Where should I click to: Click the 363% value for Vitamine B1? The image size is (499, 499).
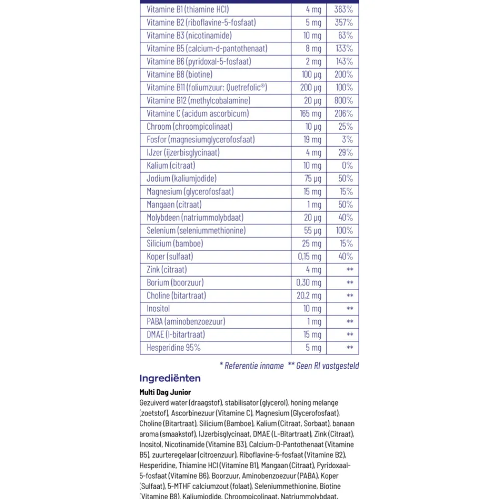(343, 9)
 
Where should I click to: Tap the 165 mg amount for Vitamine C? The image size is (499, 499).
(310, 113)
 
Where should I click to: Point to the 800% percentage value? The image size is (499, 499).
(343, 100)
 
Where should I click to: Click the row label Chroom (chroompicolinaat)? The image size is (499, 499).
(190, 126)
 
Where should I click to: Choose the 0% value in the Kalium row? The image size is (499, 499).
(347, 165)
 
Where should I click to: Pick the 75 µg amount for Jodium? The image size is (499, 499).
(313, 178)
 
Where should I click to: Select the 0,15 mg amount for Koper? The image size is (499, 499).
(309, 256)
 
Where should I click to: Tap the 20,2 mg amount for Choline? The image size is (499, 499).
(309, 295)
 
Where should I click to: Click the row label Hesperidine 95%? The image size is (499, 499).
(174, 347)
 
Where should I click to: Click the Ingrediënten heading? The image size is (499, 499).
(170, 378)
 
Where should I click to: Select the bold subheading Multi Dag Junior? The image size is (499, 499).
(165, 393)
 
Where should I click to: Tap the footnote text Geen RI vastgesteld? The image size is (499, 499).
(327, 366)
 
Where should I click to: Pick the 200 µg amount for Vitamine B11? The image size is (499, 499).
(310, 87)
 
